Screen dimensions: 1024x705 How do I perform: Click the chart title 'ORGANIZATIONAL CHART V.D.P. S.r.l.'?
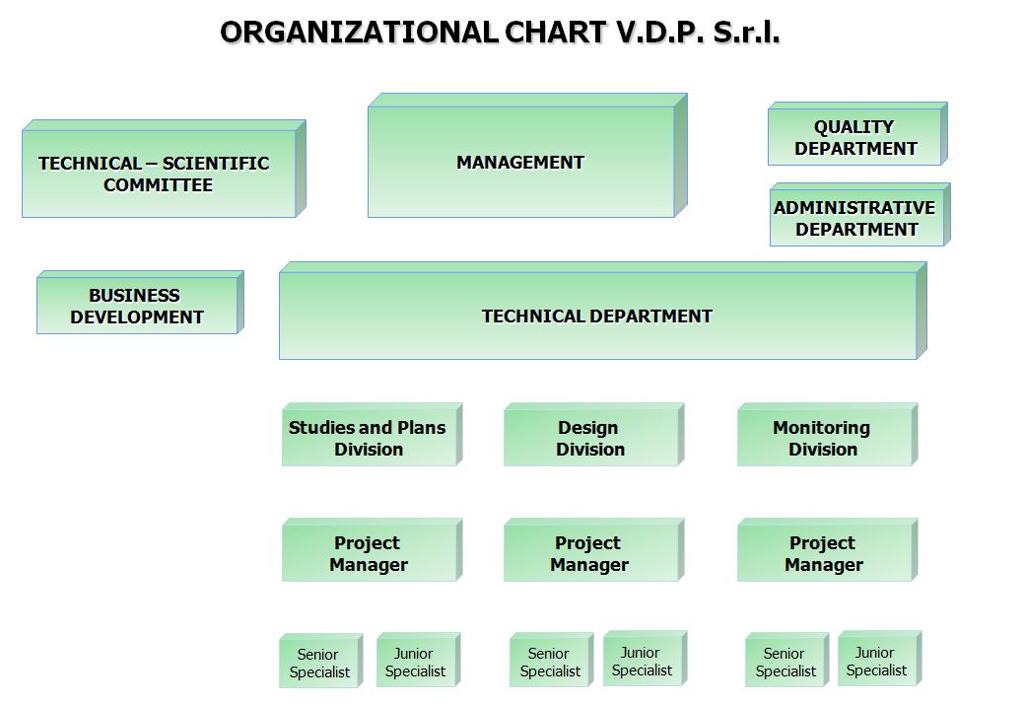click(x=501, y=32)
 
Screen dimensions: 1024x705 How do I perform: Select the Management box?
click(x=527, y=156)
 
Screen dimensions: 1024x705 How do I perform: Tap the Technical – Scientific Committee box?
click(x=164, y=169)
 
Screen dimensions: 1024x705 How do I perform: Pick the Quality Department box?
click(x=857, y=134)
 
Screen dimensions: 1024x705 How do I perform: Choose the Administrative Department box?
click(x=860, y=214)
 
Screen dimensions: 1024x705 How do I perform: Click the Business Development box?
click(x=140, y=303)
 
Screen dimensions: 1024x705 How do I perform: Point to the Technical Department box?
click(x=603, y=311)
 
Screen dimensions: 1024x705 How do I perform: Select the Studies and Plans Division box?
click(x=373, y=435)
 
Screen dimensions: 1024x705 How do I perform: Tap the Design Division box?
click(x=593, y=435)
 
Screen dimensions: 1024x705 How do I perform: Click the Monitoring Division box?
click(x=828, y=435)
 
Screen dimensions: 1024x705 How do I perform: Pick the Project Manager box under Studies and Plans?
click(x=373, y=550)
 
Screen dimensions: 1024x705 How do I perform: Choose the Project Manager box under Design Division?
click(x=593, y=550)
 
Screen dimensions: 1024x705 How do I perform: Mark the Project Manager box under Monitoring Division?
click(x=828, y=550)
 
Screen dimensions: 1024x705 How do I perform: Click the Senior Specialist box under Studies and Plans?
click(x=321, y=661)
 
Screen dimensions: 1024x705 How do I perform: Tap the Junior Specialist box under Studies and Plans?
click(x=419, y=660)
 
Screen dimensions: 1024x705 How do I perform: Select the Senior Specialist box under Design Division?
click(x=552, y=660)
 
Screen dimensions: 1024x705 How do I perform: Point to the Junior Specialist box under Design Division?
click(x=646, y=658)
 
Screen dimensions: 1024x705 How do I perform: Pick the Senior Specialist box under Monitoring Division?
click(x=786, y=660)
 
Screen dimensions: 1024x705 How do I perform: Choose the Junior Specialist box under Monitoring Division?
click(x=880, y=658)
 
